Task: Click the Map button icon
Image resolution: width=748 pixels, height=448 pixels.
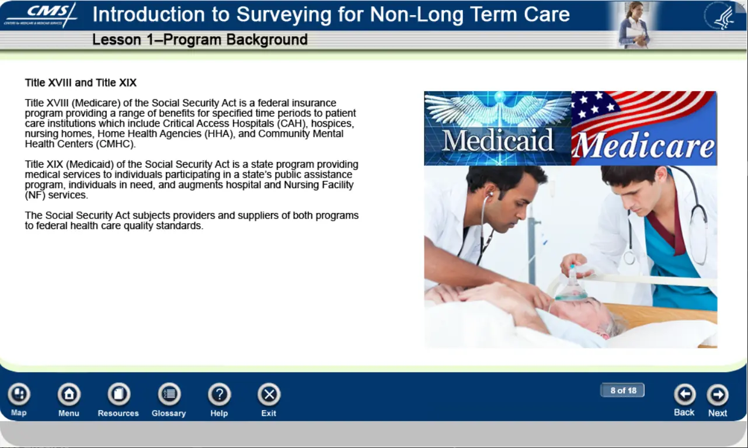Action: click(19, 394)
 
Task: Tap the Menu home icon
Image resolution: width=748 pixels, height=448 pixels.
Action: click(69, 394)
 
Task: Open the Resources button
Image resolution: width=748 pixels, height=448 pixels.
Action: click(119, 394)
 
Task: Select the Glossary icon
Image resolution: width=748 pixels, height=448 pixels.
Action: click(169, 394)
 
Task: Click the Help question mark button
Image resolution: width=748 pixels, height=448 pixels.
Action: click(219, 394)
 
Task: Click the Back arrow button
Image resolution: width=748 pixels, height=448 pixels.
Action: click(684, 394)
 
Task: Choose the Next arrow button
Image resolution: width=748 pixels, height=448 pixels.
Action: click(718, 394)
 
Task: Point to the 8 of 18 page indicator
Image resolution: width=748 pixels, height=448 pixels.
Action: click(623, 390)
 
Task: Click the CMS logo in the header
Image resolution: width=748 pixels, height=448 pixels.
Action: click(41, 15)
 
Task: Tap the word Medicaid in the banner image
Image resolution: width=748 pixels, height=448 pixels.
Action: click(497, 140)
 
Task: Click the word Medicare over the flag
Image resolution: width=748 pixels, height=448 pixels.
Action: click(644, 145)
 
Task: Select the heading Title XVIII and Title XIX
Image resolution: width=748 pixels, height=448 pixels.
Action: click(81, 82)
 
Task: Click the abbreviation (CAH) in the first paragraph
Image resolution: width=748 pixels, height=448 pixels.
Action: click(291, 123)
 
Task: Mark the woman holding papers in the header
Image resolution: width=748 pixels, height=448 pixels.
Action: click(633, 25)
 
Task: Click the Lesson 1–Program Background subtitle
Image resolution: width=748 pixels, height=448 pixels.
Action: click(200, 39)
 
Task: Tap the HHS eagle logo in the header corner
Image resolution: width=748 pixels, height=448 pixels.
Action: click(721, 16)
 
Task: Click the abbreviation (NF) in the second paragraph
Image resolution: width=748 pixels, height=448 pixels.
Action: click(35, 195)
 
